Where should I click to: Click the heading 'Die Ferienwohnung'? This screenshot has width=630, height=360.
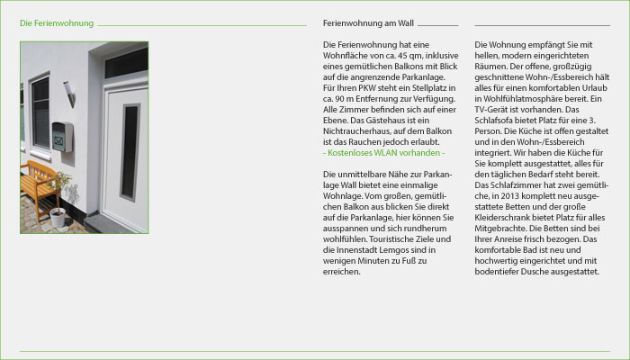pos(56,22)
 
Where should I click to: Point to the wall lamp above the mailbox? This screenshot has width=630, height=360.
pos(69,93)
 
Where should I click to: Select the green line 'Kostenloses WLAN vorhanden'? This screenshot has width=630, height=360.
pos(382,152)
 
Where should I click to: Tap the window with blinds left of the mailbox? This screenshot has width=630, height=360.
pos(40,112)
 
